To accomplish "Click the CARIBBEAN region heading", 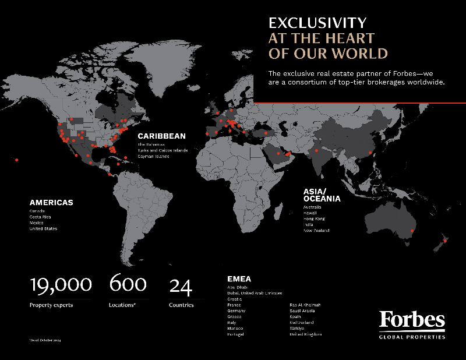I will [162, 136].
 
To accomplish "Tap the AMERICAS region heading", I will [51, 202].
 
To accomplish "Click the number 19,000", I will [61, 285].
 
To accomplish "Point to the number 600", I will [128, 284].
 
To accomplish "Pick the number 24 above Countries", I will [181, 285].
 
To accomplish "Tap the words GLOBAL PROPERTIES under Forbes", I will [412, 337].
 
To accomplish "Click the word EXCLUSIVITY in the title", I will [317, 23].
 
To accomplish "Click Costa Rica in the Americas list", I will [41, 216].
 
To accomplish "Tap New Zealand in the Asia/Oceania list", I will [316, 230].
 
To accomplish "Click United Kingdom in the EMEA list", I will [306, 334].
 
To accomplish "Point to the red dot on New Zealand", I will [445, 240].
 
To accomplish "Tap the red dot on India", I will [316, 150].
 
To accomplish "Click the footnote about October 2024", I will [44, 340].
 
